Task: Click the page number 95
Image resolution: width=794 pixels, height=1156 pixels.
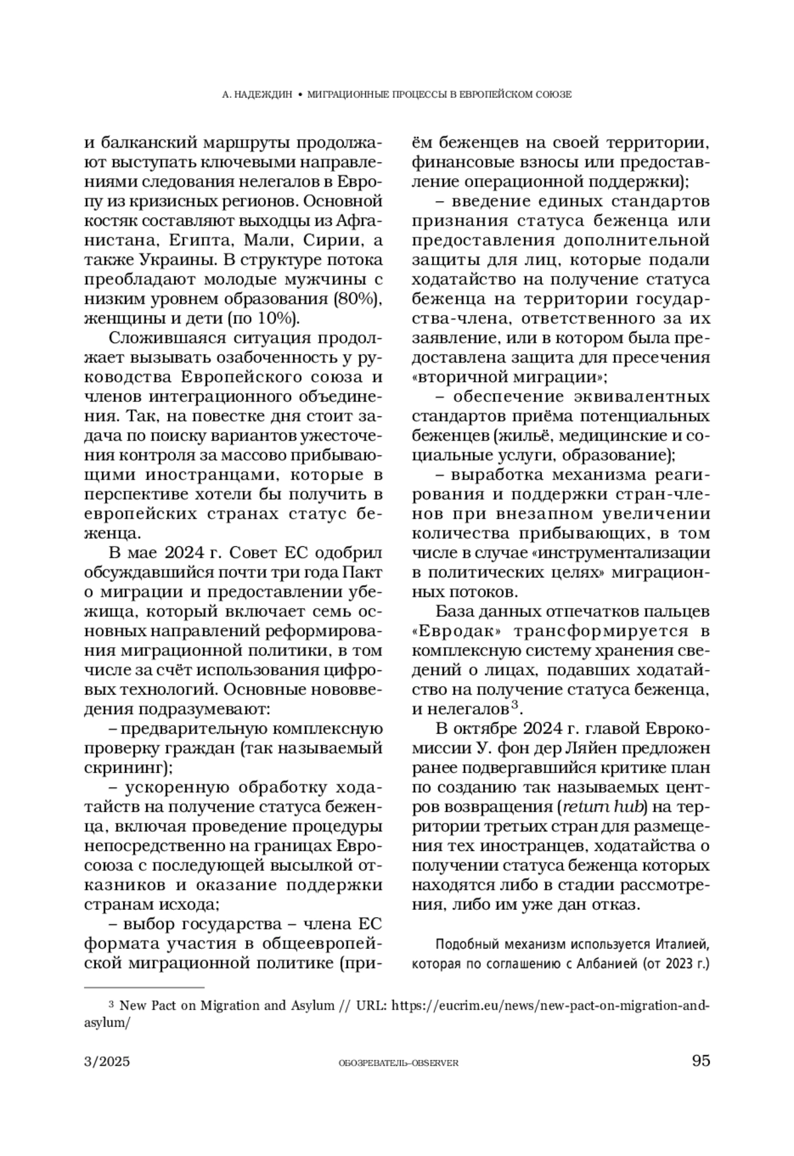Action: (700, 1061)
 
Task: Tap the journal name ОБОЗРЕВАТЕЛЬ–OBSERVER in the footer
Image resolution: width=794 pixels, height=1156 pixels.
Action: (398, 1063)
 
